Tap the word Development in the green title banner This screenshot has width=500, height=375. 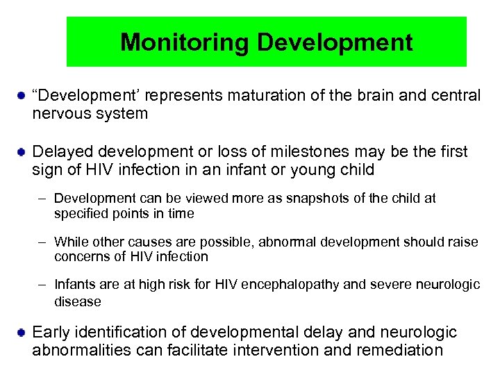coord(335,42)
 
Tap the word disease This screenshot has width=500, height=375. coord(78,301)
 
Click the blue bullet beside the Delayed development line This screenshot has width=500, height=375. coord(22,151)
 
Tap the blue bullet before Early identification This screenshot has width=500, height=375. coord(22,332)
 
